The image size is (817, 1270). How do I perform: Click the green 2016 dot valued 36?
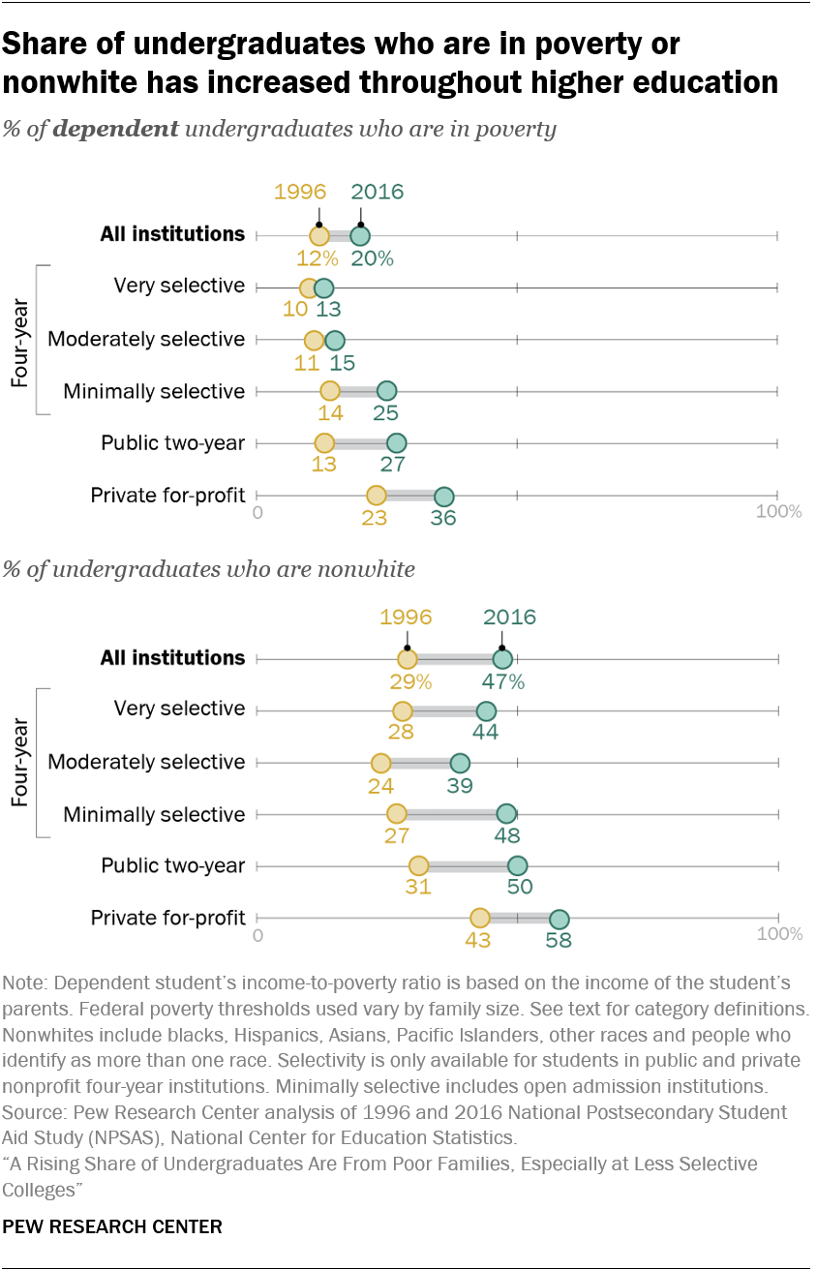[443, 497]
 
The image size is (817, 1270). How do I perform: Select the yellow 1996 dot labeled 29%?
[408, 659]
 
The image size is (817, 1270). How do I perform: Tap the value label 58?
[559, 940]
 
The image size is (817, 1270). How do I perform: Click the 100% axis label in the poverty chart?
[778, 511]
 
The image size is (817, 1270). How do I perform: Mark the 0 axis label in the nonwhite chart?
[257, 934]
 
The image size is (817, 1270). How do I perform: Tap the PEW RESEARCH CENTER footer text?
[112, 1226]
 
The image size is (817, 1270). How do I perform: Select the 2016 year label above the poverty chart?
[377, 191]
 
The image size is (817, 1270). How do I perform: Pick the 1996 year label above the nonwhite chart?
[406, 617]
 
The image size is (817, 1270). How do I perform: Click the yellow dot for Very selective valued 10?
[309, 288]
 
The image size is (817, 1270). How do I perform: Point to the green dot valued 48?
[506, 814]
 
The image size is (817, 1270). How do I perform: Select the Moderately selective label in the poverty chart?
[146, 340]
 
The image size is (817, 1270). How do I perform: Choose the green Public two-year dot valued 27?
[396, 443]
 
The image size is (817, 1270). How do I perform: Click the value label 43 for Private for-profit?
[478, 940]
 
